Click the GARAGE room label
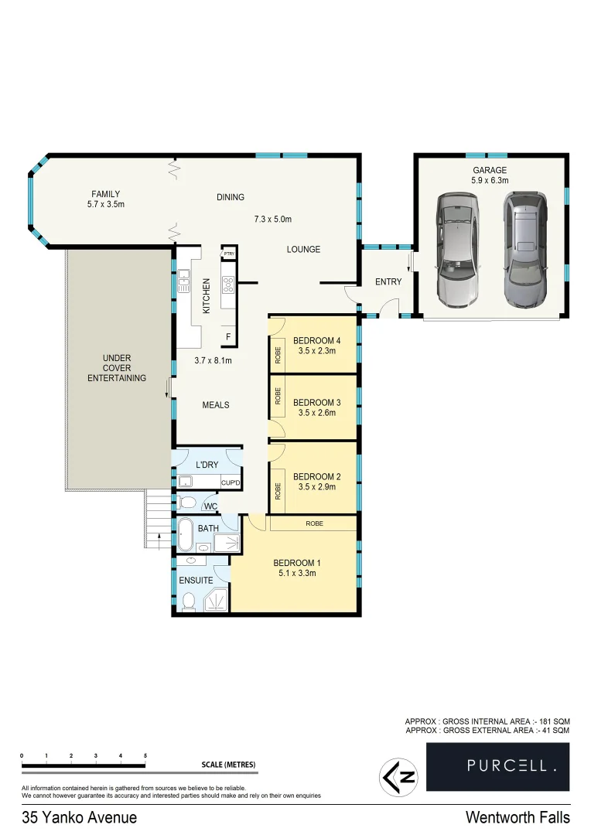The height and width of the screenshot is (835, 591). [490, 170]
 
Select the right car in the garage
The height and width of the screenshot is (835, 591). [524, 249]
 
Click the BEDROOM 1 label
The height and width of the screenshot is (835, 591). [297, 563]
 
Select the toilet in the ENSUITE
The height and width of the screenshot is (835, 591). [188, 601]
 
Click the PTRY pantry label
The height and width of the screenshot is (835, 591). [229, 254]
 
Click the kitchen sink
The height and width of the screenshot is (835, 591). [184, 280]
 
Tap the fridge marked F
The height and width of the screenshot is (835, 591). [228, 336]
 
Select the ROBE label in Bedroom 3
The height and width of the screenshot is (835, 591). [276, 397]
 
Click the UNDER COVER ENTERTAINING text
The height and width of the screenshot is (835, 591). [117, 368]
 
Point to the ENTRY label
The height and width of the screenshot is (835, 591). [388, 282]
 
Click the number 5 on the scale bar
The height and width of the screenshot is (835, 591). [145, 755]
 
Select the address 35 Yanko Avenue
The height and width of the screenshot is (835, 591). [80, 817]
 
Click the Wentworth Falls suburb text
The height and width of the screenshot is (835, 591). [518, 817]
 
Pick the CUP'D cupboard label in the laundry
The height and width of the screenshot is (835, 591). [231, 483]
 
